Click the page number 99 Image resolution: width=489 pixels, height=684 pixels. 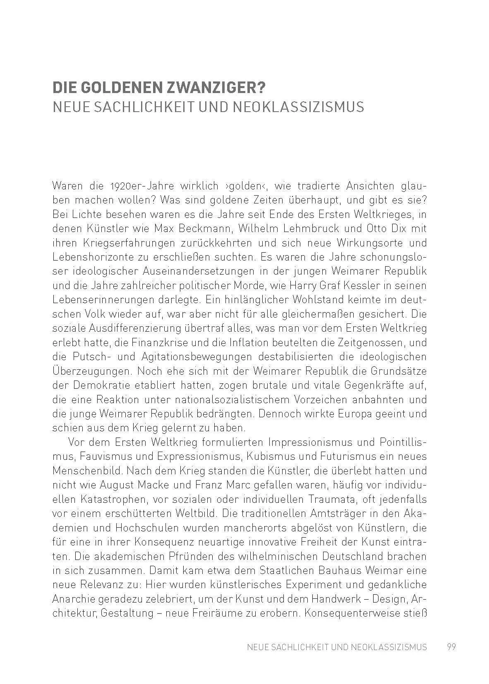tap(451, 647)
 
